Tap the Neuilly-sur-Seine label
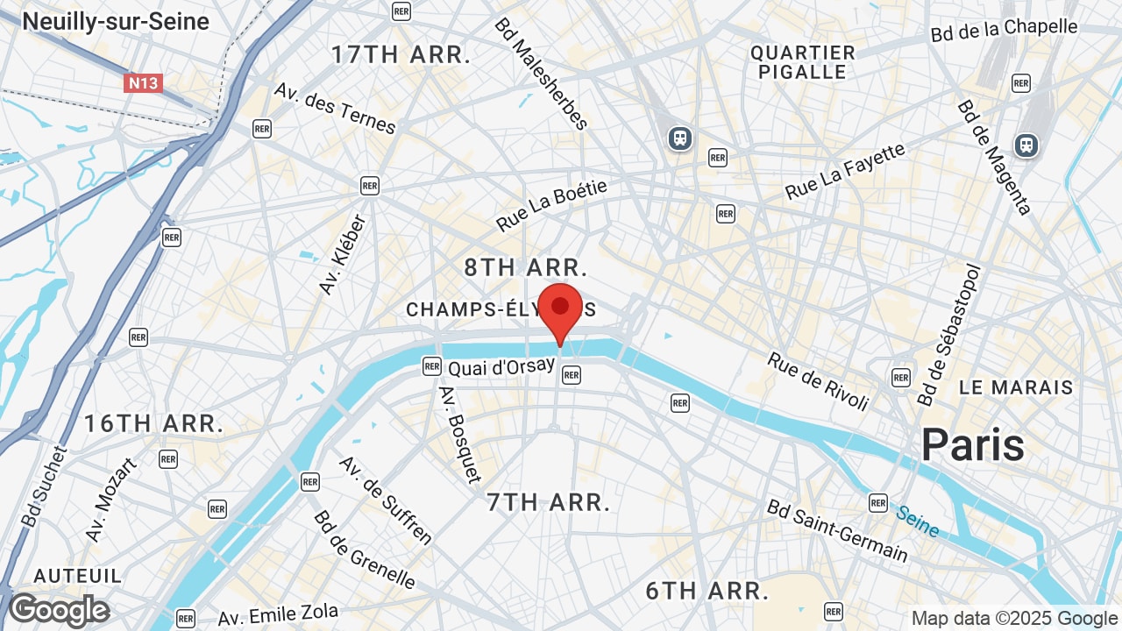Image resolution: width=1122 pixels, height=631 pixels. pyautogui.click(x=116, y=21)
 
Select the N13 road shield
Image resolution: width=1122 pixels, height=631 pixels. pyautogui.click(x=143, y=83)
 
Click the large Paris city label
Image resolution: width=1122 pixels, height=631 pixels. pyautogui.click(x=972, y=445)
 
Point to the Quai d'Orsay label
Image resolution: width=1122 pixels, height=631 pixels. pyautogui.click(x=501, y=366)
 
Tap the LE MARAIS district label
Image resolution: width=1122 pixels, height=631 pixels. pyautogui.click(x=1015, y=387)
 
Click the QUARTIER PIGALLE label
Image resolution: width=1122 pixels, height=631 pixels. pyautogui.click(x=802, y=62)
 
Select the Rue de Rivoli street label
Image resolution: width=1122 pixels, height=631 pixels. pyautogui.click(x=818, y=381)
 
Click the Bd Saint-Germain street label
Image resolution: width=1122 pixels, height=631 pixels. pyautogui.click(x=837, y=530)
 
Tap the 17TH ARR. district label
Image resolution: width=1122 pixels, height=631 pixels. pyautogui.click(x=401, y=54)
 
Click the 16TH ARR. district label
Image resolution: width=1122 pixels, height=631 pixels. pyautogui.click(x=153, y=424)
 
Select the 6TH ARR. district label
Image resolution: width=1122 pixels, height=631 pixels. pyautogui.click(x=707, y=591)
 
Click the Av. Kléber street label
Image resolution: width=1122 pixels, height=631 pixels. pyautogui.click(x=342, y=254)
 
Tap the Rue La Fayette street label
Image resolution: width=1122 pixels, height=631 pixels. pyautogui.click(x=845, y=172)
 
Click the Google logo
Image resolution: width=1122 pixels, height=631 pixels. pyautogui.click(x=59, y=610)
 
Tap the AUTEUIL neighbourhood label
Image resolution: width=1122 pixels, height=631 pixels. pyautogui.click(x=78, y=576)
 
